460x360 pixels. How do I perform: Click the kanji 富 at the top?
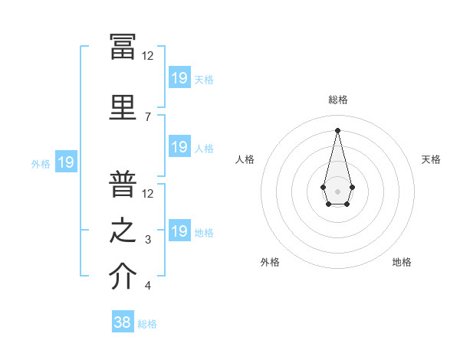[123, 47]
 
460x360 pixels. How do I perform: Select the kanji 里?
[123, 107]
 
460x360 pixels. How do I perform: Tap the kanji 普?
[123, 184]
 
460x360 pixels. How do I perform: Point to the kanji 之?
[123, 230]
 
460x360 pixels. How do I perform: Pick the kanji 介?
[123, 276]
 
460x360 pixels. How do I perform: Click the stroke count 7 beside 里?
[148, 117]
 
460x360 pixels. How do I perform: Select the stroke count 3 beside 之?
[148, 240]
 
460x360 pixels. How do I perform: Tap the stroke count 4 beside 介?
[148, 285]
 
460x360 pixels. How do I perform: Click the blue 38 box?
[123, 321]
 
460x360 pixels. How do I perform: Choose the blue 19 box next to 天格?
[180, 77]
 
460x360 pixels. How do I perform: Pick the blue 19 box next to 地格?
[180, 230]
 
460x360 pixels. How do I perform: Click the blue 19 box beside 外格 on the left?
[66, 162]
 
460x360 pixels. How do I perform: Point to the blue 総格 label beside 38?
[147, 324]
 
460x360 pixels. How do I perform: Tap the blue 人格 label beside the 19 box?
[204, 149]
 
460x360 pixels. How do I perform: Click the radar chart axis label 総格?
[338, 100]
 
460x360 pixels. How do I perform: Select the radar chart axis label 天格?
[431, 159]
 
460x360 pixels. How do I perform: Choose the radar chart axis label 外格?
[270, 262]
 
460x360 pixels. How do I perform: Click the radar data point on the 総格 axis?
[337, 130]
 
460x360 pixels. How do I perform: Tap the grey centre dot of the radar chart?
[337, 191]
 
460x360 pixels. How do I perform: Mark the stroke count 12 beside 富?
[147, 56]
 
